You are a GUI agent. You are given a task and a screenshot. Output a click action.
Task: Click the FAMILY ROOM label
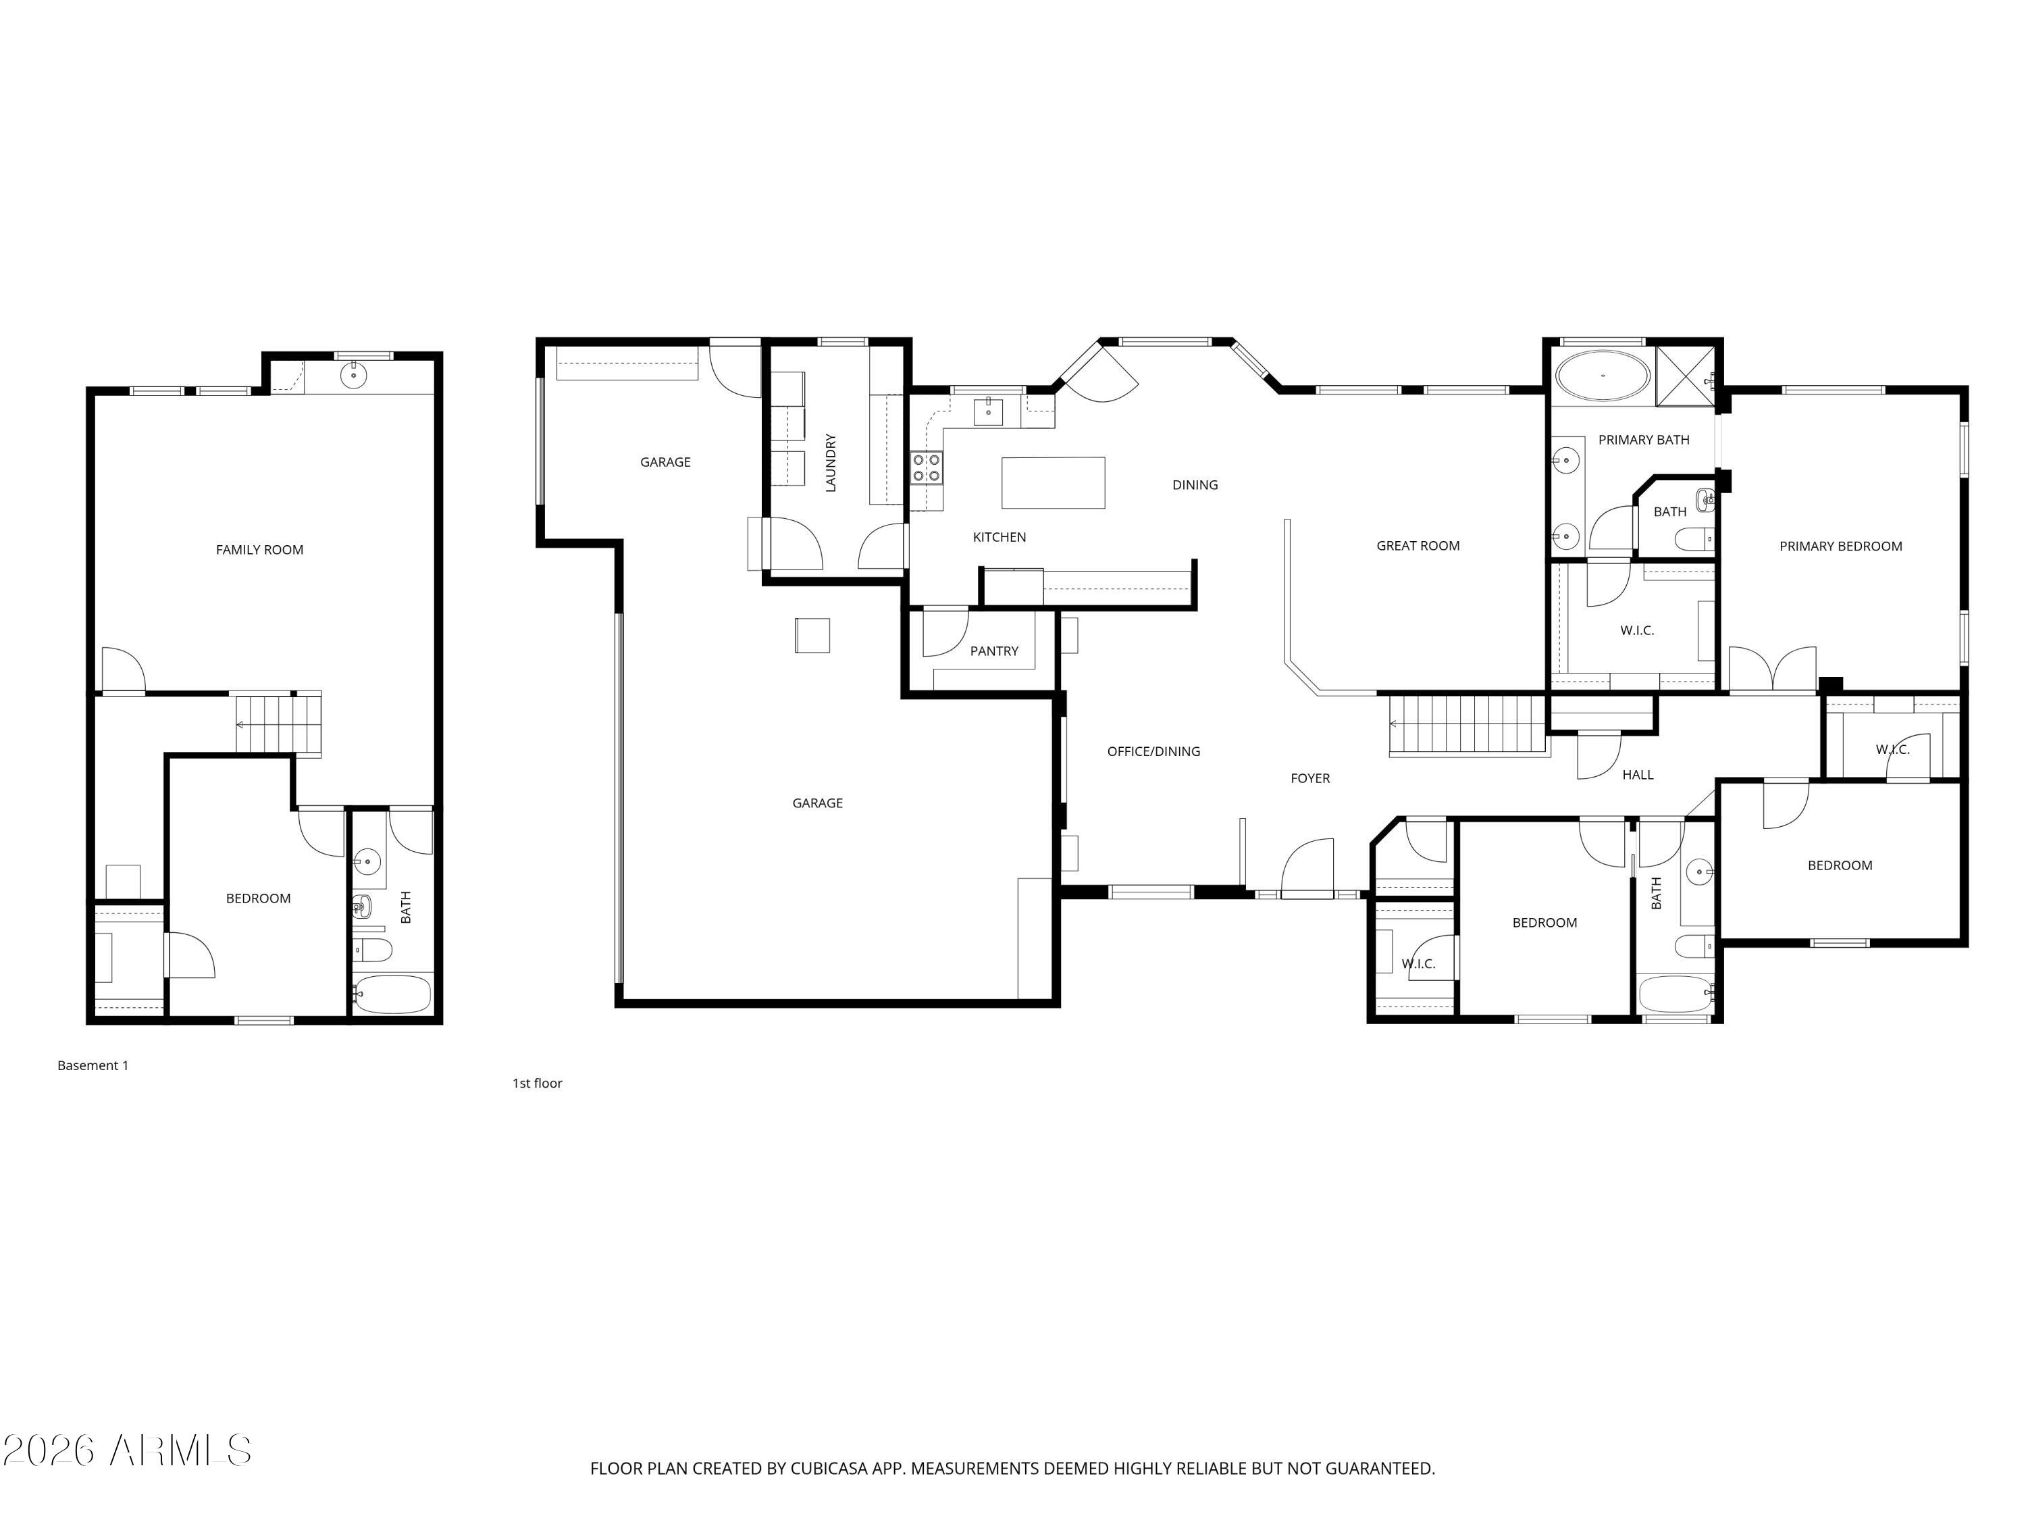click(259, 550)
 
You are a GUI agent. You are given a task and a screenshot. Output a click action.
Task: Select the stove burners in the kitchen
click(926, 467)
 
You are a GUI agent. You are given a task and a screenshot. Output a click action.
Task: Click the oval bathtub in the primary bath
click(1603, 375)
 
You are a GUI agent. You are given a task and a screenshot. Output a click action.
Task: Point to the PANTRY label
click(994, 651)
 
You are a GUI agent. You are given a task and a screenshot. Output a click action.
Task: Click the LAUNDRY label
click(831, 463)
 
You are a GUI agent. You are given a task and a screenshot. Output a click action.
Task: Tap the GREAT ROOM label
click(1418, 546)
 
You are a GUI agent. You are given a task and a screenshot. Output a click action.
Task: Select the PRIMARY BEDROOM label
click(1840, 546)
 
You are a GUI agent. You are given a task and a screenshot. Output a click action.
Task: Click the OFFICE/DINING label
click(1153, 751)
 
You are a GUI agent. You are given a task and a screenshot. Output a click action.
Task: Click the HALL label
click(1638, 775)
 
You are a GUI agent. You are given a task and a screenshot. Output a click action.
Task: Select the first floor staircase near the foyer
click(1468, 724)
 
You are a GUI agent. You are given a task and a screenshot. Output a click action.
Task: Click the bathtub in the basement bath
click(392, 994)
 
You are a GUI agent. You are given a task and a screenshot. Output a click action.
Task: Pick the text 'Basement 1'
click(93, 1065)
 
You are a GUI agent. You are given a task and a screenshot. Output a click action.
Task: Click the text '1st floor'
click(537, 1083)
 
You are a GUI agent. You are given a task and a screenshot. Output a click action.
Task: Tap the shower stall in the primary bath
click(1685, 376)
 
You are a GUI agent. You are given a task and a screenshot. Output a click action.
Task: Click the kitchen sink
click(987, 412)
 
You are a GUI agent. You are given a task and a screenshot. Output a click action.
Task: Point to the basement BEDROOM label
click(258, 898)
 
